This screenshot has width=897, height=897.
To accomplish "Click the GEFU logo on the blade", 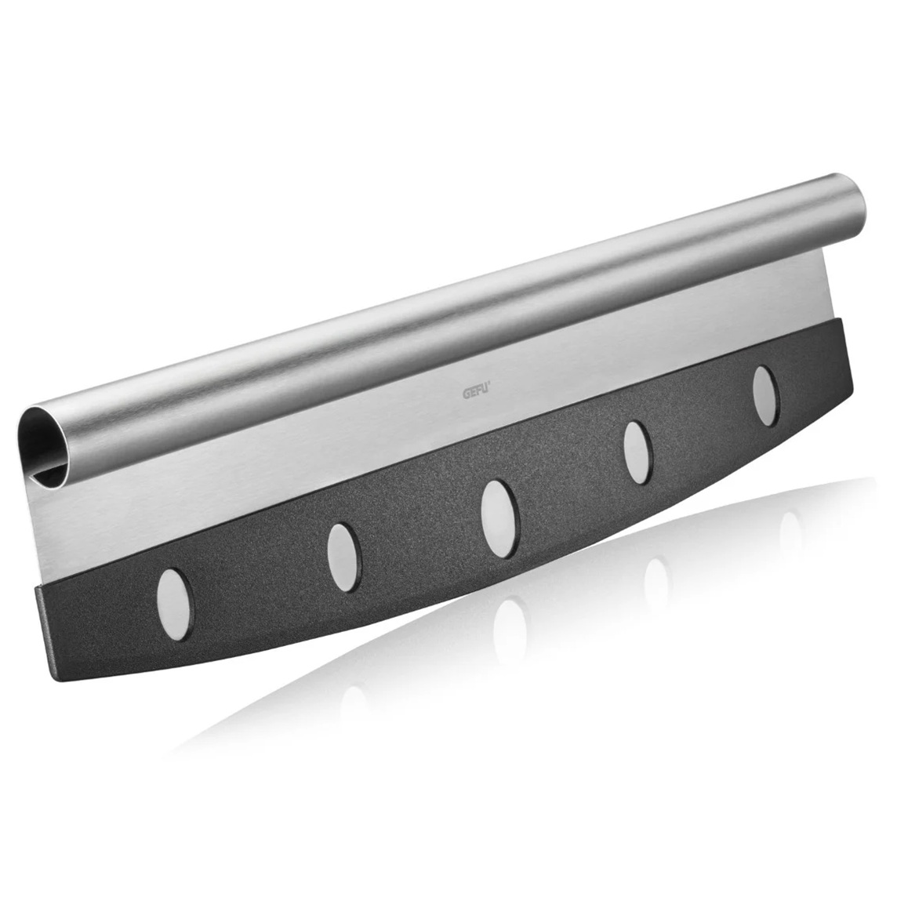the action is tap(475, 391).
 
